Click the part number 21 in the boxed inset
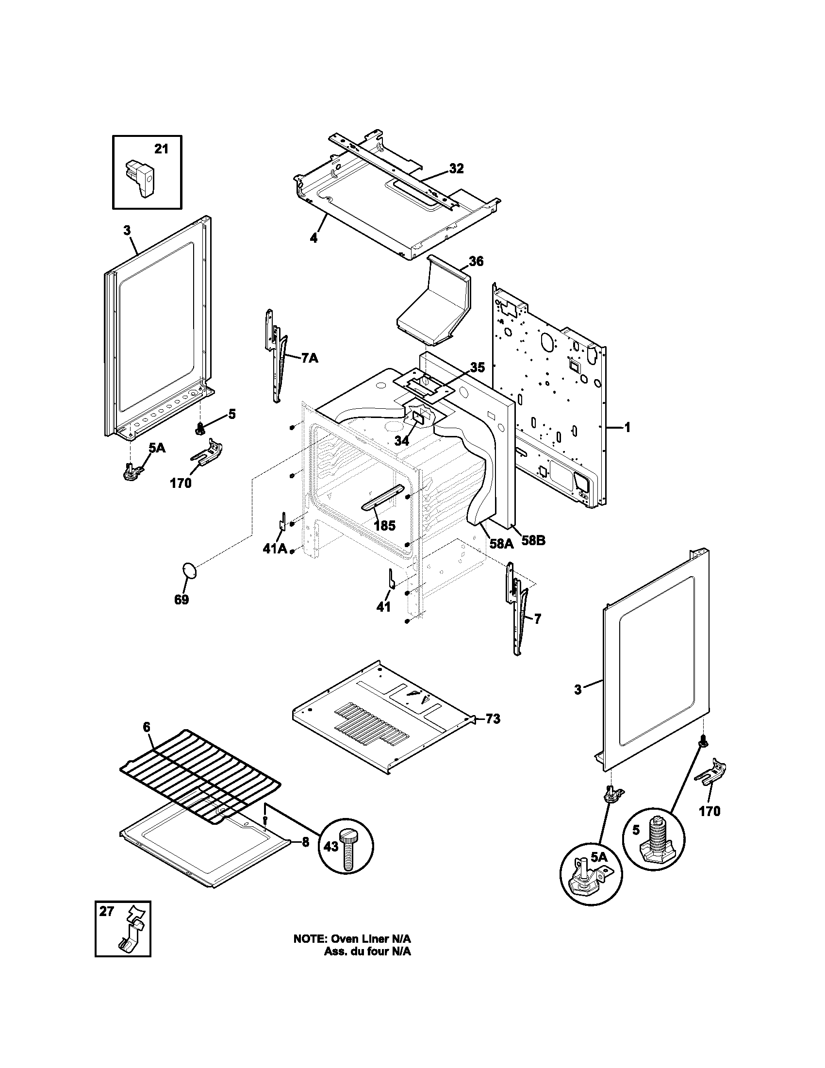click(161, 149)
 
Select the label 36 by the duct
click(476, 262)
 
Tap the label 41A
click(274, 549)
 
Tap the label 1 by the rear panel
click(627, 428)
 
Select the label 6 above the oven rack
click(147, 741)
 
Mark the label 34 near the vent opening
click(401, 441)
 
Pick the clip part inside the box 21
click(140, 179)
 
